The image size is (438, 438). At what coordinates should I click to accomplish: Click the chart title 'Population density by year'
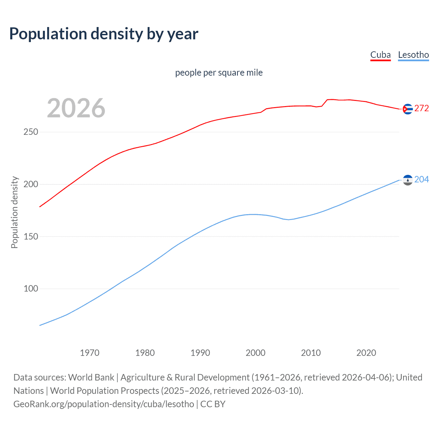(104, 34)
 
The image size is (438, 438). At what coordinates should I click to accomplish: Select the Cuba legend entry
(380, 55)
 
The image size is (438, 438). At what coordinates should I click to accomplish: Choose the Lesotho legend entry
(413, 55)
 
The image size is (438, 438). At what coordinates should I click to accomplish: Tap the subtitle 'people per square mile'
(219, 73)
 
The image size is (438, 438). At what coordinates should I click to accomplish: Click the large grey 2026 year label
(76, 108)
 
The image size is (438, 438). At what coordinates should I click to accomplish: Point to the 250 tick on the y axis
(31, 132)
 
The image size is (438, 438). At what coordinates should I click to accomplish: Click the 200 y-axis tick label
(31, 184)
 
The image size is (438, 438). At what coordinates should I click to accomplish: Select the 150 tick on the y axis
(31, 236)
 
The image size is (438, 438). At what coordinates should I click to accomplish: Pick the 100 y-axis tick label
(31, 289)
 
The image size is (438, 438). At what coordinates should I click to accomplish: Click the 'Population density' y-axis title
(14, 212)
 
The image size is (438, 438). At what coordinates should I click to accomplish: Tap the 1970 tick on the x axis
(90, 353)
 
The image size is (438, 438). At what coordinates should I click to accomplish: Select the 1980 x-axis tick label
(145, 353)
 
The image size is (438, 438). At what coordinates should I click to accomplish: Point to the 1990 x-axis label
(200, 353)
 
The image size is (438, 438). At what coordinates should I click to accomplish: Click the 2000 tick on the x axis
(256, 353)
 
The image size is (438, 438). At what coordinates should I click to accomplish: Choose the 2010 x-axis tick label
(311, 353)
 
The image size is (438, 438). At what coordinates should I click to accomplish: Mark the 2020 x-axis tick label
(366, 353)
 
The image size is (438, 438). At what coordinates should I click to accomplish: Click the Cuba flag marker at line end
(408, 109)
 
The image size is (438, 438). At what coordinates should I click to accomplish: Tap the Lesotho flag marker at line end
(408, 180)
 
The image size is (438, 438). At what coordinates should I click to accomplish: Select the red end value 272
(422, 108)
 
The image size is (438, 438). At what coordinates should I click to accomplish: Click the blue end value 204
(422, 180)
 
